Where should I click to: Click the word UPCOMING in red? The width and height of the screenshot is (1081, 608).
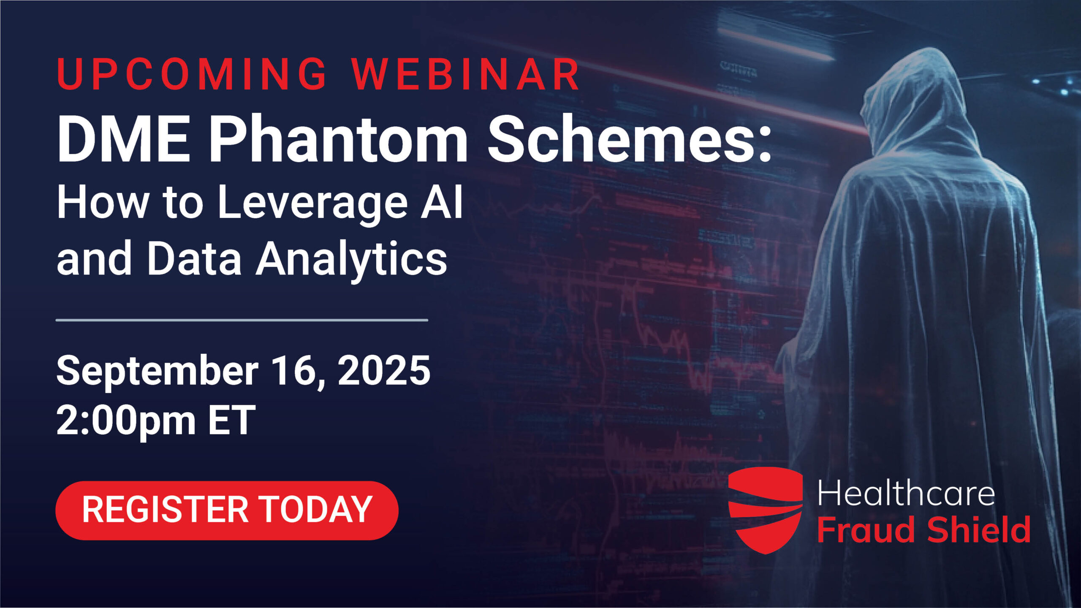pos(192,74)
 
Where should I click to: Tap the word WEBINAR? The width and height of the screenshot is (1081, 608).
pos(467,74)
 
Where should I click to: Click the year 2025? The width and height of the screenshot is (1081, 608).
pos(384,370)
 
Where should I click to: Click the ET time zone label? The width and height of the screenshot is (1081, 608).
pos(232,420)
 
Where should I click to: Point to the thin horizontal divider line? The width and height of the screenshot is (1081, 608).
pos(242,320)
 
